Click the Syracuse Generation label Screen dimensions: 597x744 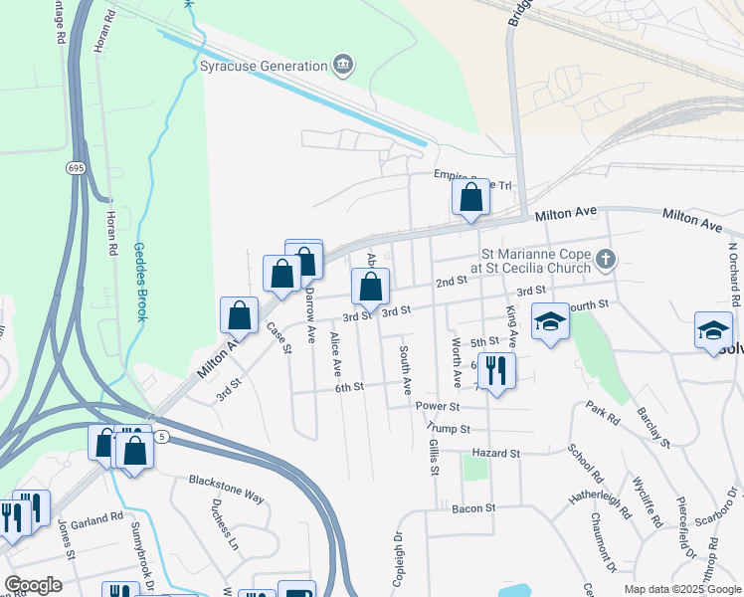click(264, 66)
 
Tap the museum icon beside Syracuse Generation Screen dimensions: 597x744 click(343, 66)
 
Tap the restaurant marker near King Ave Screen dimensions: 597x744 click(496, 371)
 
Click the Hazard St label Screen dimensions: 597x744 click(496, 453)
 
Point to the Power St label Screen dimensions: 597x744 click(437, 406)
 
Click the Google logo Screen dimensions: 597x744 click(33, 585)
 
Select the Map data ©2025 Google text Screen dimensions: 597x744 click(682, 589)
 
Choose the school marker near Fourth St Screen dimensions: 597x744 click(550, 322)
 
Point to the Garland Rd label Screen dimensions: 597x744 click(102, 518)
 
